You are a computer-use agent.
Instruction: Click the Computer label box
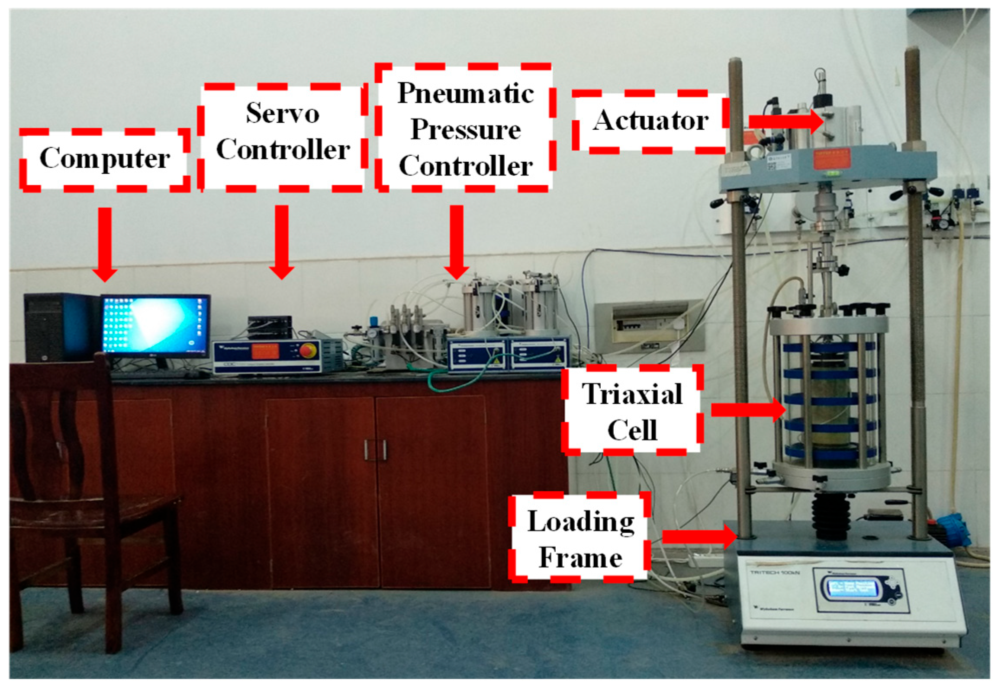[x=104, y=159]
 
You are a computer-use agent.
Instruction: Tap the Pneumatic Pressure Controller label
[x=465, y=129]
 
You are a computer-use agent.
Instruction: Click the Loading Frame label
[x=580, y=538]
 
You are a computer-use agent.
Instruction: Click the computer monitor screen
[x=155, y=324]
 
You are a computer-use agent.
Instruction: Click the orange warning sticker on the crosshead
[x=831, y=160]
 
